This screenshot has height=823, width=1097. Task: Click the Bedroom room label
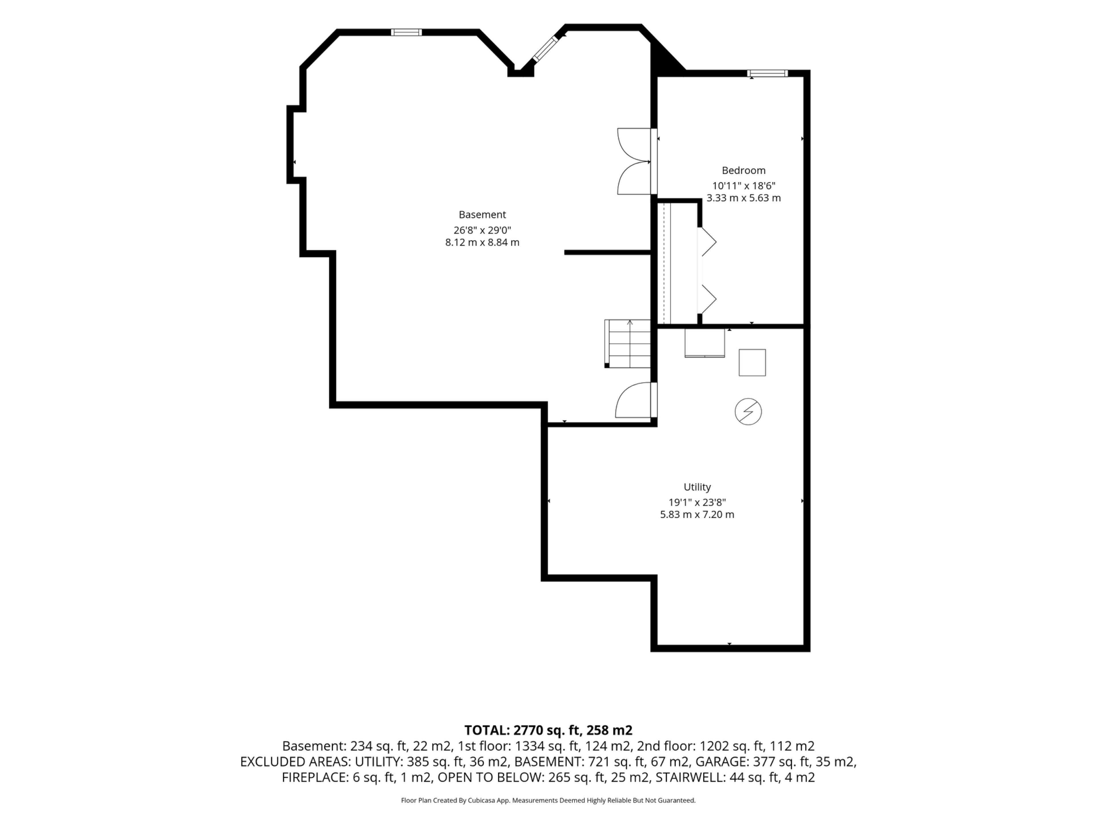click(x=743, y=171)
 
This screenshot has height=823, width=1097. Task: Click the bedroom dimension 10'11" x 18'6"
click(x=743, y=186)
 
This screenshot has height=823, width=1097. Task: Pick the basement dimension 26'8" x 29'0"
click(x=482, y=230)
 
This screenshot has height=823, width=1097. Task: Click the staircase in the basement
click(x=627, y=343)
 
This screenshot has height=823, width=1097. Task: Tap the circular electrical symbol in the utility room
click(x=748, y=412)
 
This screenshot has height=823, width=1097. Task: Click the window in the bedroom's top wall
click(x=767, y=73)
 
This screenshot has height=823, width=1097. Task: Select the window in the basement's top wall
click(x=406, y=32)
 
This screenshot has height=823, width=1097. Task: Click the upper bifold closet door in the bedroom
click(x=707, y=242)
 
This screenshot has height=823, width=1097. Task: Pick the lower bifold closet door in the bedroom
click(x=707, y=299)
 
